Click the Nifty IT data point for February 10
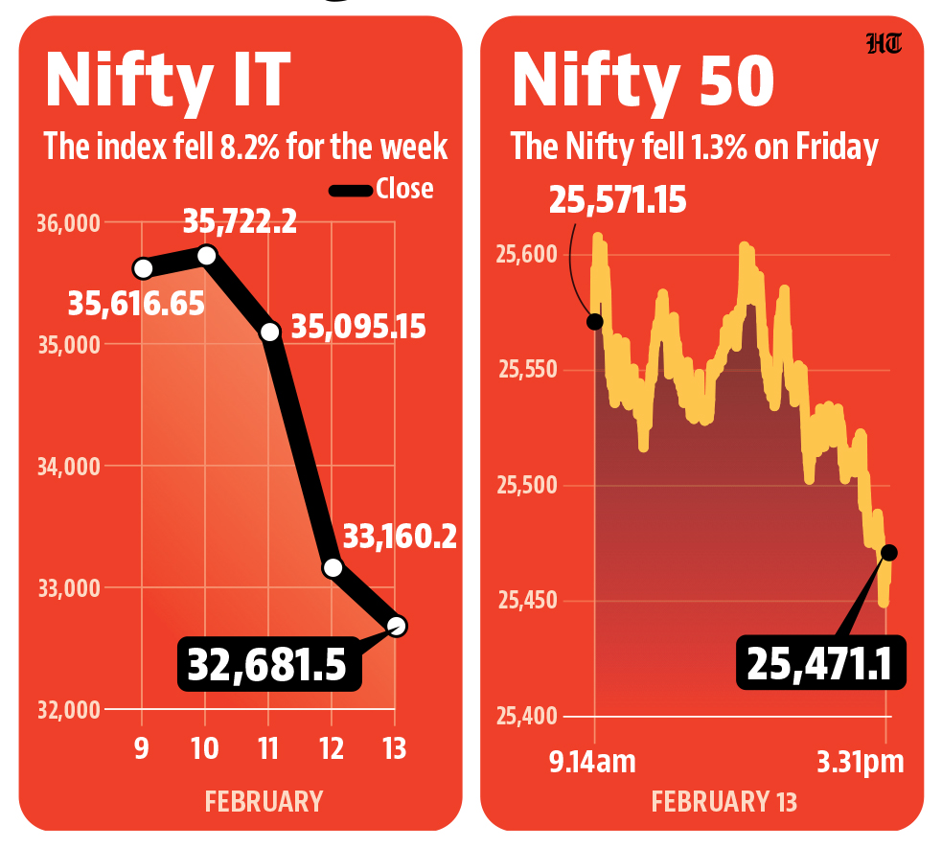pyautogui.click(x=206, y=254)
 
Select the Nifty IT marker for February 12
pyautogui.click(x=333, y=566)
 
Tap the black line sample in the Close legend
pyautogui.click(x=350, y=191)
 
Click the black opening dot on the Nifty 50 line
pyautogui.click(x=595, y=321)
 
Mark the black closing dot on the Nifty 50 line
pyautogui.click(x=888, y=552)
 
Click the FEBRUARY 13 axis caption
pyautogui.click(x=724, y=801)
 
